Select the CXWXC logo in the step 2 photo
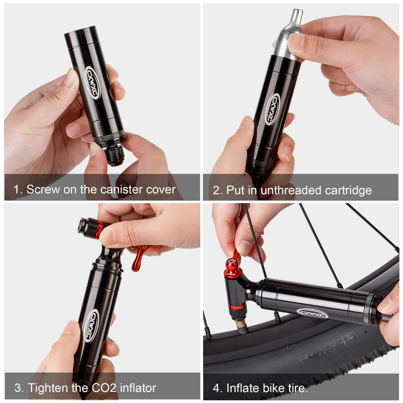[x=272, y=109]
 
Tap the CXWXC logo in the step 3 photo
[x=92, y=325]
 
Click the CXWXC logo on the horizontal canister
[x=312, y=313]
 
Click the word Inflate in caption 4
[x=244, y=388]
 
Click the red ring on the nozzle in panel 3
[x=99, y=229]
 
